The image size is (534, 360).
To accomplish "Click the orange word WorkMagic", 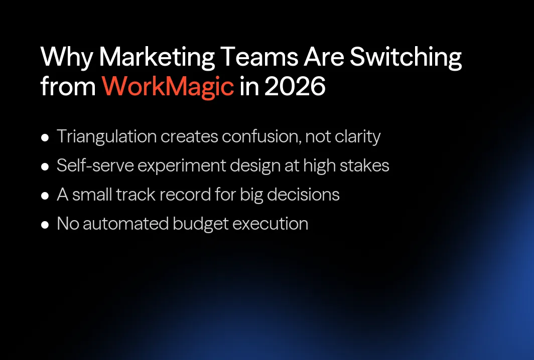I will (168, 86).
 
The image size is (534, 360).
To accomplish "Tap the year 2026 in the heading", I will (295, 86).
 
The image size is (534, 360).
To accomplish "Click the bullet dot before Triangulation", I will (45, 137).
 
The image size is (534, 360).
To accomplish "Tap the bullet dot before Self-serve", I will (45, 166).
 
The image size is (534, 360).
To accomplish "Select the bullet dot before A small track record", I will (45, 195).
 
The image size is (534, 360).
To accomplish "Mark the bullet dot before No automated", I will (45, 224).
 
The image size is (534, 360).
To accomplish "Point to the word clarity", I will (355, 137).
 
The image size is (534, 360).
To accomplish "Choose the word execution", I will (271, 224).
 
